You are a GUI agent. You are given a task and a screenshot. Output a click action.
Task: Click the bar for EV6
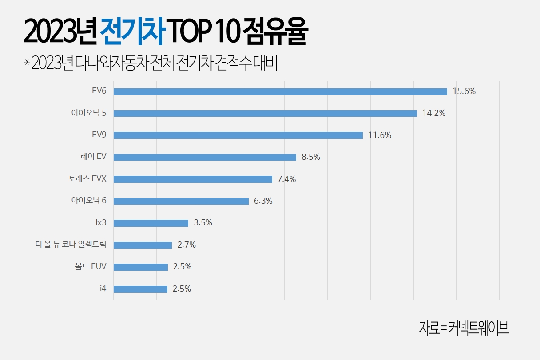pos(280,91)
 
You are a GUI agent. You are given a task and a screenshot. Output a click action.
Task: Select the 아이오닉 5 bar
pos(265,113)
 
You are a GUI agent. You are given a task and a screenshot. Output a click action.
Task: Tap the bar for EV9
pos(238,135)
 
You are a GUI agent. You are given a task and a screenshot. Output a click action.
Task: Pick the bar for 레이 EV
pos(205,157)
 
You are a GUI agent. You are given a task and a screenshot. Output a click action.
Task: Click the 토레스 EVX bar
pos(193,179)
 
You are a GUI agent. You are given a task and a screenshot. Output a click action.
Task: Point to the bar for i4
pos(140,289)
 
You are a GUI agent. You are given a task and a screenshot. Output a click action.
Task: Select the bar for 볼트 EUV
pos(141,267)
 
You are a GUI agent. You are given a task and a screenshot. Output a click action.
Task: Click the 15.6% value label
pos(464,91)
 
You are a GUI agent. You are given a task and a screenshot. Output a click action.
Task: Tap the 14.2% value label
pos(434,113)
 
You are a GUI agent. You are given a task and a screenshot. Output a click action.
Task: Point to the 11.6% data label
pos(380,135)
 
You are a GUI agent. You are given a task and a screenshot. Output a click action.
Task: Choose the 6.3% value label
pos(263,201)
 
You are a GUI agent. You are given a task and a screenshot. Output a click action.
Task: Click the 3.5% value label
pos(203,223)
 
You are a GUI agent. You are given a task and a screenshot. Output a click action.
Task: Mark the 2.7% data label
pos(186,245)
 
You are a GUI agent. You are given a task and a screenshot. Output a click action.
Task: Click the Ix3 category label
pos(101,223)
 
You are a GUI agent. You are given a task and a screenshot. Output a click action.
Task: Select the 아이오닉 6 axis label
pos(89,201)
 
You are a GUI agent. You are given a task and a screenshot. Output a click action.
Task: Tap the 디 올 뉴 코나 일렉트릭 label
pos(71,245)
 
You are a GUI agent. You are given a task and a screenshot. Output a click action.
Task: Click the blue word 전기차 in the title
pos(132,32)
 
